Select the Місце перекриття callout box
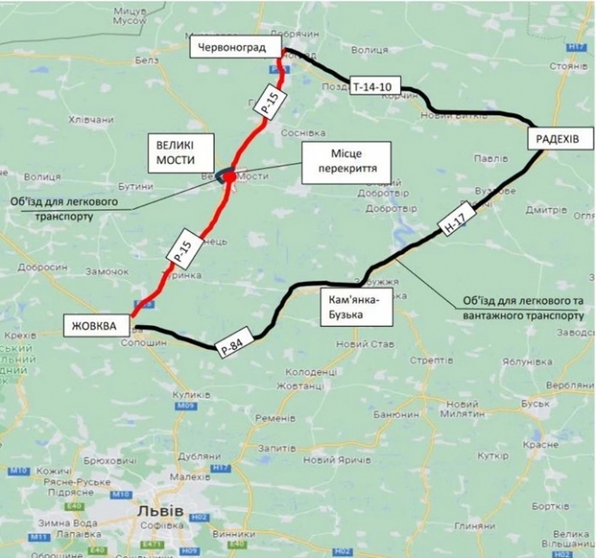click(x=341, y=160)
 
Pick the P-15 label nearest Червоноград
click(x=269, y=100)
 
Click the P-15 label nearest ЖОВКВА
click(x=181, y=251)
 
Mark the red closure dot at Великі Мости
click(x=229, y=177)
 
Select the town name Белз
click(x=144, y=60)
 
